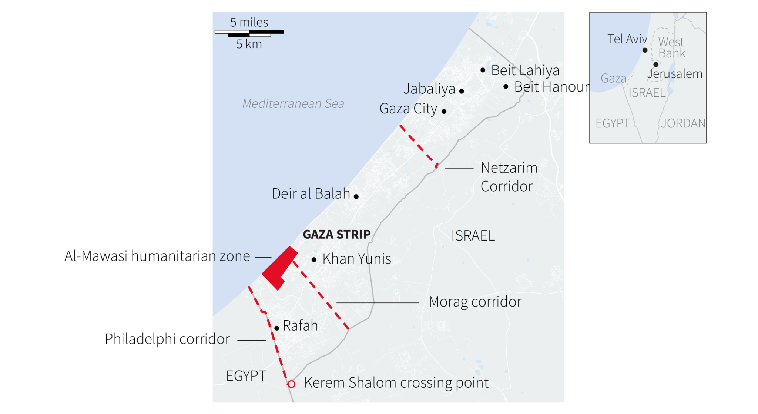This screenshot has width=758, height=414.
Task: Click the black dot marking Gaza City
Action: click(444, 111)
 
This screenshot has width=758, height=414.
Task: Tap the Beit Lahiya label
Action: click(525, 70)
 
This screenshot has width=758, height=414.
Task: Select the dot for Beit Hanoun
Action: click(506, 87)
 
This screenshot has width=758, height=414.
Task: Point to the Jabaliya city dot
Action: click(462, 91)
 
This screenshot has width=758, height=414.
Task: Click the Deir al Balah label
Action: click(311, 193)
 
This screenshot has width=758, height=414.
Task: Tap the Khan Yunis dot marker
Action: click(314, 260)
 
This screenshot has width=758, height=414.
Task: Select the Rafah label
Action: click(300, 325)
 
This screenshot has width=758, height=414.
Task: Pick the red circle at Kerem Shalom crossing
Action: click(291, 384)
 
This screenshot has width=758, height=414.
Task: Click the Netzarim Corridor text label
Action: click(509, 177)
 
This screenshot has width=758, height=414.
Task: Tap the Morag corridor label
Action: click(475, 302)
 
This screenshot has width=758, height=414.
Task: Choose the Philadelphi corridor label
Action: click(167, 339)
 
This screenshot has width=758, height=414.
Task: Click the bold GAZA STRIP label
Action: click(336, 234)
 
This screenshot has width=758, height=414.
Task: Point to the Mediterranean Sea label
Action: click(293, 103)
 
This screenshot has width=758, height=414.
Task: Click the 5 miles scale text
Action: click(249, 22)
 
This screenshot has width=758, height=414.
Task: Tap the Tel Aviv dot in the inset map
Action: click(645, 50)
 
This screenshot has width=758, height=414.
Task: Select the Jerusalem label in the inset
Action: click(675, 74)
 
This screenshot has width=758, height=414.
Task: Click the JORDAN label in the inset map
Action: click(683, 123)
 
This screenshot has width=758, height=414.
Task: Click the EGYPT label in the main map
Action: click(246, 376)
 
